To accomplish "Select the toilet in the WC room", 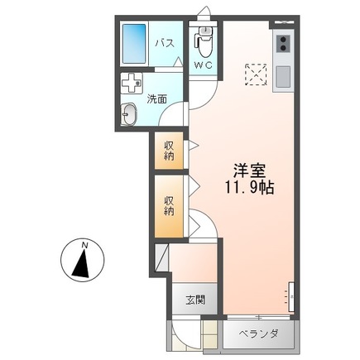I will coord(204,39).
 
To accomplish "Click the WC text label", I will coord(203,65).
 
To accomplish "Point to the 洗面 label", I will coord(158,99).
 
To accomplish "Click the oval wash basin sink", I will coord(130,116).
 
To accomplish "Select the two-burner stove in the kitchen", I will coord(284,43).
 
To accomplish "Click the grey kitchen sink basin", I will coord(284,75).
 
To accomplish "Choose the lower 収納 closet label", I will coord(169,204).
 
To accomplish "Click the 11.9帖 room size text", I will coord(246,188).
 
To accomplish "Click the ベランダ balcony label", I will coord(258,334).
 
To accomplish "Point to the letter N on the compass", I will coord(85,245).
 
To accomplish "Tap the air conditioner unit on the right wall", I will coord(290,295).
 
